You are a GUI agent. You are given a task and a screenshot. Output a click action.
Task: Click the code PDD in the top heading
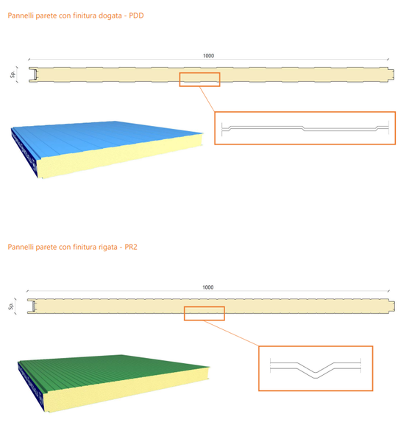(136, 15)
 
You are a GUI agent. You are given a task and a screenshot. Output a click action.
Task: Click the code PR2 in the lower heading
(131, 247)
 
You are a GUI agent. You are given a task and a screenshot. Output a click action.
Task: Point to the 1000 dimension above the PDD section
(208, 55)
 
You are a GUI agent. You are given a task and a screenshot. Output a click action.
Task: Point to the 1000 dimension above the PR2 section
(207, 287)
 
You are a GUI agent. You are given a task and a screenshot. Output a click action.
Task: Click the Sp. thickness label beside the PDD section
(13, 74)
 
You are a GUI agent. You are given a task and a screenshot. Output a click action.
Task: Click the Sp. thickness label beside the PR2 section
(11, 306)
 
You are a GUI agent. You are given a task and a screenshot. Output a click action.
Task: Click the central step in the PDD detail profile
(304, 128)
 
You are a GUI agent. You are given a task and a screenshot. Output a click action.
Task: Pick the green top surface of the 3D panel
(113, 370)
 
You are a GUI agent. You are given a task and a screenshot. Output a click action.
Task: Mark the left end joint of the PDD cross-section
(33, 74)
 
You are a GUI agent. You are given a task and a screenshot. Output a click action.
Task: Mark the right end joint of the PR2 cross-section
(391, 306)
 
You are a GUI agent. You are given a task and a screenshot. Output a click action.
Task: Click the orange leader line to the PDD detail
(207, 99)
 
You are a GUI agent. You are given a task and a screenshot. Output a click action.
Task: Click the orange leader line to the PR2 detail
(232, 333)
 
